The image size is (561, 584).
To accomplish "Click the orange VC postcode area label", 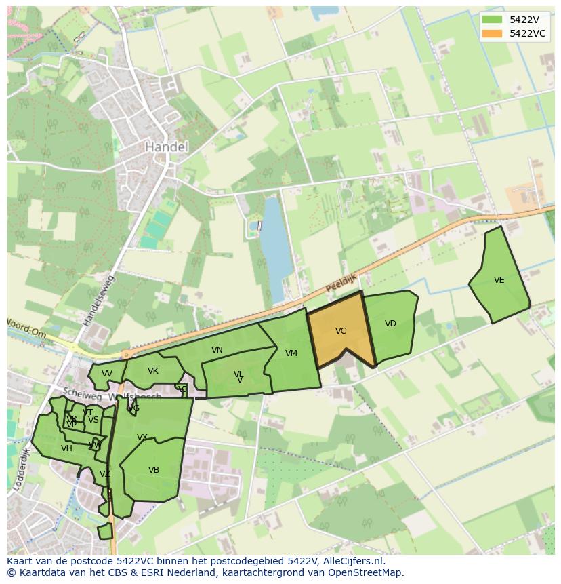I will [341, 331].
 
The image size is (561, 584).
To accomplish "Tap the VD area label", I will [390, 324].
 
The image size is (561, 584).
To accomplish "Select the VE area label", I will [499, 280].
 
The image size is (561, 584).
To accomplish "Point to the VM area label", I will [291, 353].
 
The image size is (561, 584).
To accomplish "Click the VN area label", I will [217, 350].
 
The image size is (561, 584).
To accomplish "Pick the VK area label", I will [153, 371].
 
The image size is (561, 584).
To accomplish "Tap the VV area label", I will [107, 374].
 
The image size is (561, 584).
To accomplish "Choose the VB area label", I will [154, 470].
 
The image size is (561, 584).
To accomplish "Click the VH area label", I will [66, 448].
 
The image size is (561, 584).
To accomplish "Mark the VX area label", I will [142, 437].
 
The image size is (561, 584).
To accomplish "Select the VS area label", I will [93, 420].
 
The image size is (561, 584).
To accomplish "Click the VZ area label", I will [105, 474].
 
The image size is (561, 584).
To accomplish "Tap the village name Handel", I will [167, 147].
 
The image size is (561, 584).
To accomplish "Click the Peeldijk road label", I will [341, 284].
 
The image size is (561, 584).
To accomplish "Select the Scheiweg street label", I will [76, 393].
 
